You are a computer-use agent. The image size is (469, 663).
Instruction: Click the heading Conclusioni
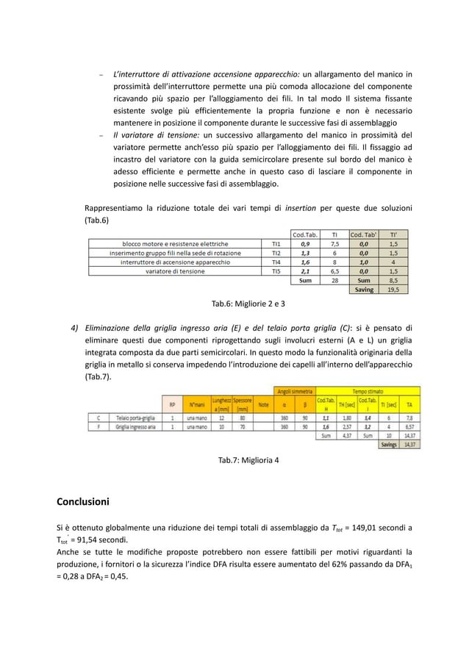tap(83, 502)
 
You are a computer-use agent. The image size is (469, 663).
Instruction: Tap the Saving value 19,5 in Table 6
tap(394, 290)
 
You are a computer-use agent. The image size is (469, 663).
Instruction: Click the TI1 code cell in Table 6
tap(276, 244)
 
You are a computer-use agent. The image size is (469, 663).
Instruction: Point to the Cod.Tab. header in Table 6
tap(305, 234)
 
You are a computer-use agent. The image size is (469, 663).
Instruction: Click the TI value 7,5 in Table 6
tap(334, 244)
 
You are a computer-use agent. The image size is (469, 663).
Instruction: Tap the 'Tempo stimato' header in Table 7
tap(368, 391)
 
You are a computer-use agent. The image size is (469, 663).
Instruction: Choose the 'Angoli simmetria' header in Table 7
tap(294, 391)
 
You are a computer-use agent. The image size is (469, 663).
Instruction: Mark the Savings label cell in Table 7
tap(389, 444)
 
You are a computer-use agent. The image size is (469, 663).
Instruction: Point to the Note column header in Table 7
tap(263, 404)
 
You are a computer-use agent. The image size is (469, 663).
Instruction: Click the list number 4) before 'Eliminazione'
tap(74, 328)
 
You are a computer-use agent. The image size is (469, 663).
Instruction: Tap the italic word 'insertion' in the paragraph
tap(301, 207)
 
